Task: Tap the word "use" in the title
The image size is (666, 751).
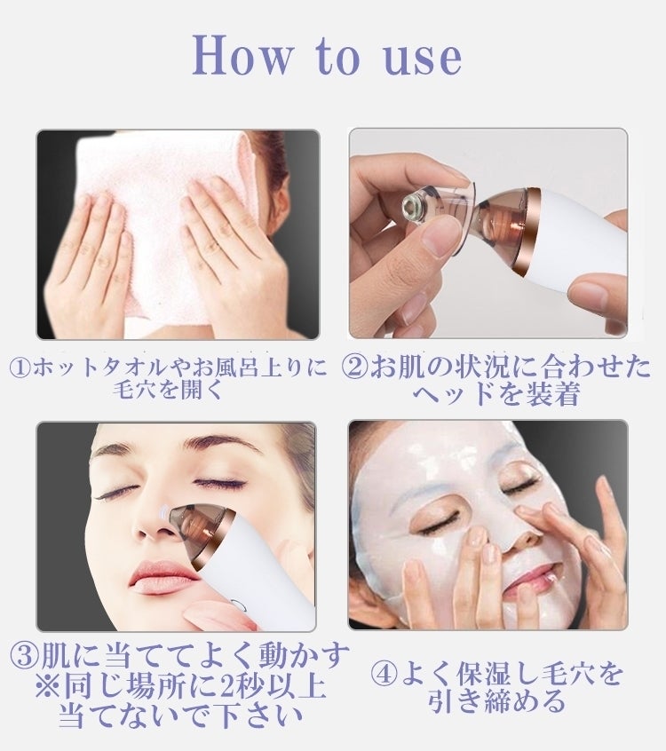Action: pos(423,59)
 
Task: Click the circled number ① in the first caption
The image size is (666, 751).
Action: pos(21,368)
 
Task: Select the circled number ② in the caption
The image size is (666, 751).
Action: pos(354,367)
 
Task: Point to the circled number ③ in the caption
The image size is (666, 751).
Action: pos(24,657)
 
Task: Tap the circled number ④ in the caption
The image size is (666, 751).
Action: pos(385,674)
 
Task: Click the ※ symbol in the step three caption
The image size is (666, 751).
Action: pos(48,687)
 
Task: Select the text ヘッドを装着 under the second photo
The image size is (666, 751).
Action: pos(496,395)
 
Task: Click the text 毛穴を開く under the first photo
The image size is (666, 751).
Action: pos(168,391)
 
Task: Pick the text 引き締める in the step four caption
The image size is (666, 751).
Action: pos(496,701)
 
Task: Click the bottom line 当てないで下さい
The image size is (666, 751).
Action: pos(181,716)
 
